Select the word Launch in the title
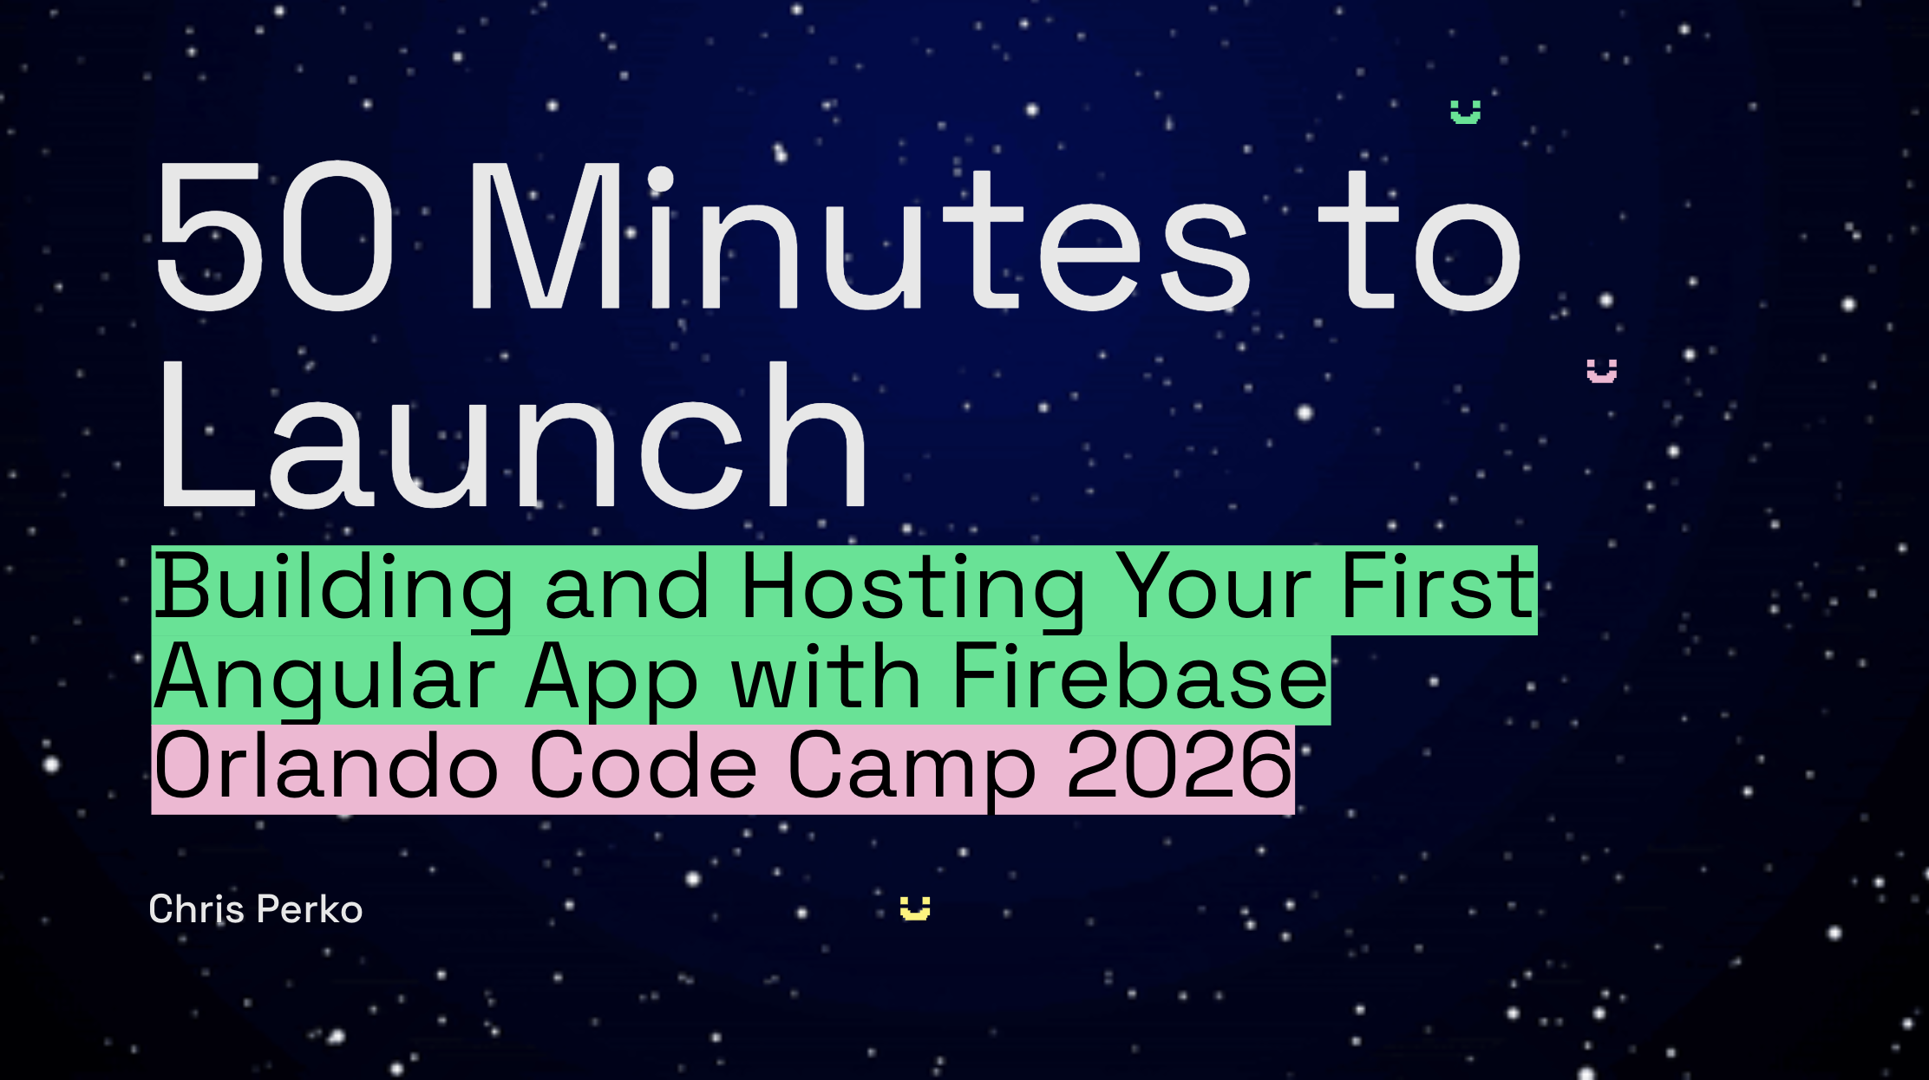coord(512,435)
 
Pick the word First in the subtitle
coord(1439,588)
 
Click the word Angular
coord(324,679)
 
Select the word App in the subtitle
coord(611,679)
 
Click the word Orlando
coord(326,765)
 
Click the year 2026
coord(1179,764)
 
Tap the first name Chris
coord(197,909)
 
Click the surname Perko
coord(310,909)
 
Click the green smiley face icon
coord(1466,112)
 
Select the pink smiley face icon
coord(1602,371)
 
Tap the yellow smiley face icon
coord(915,908)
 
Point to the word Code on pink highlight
coord(642,765)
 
